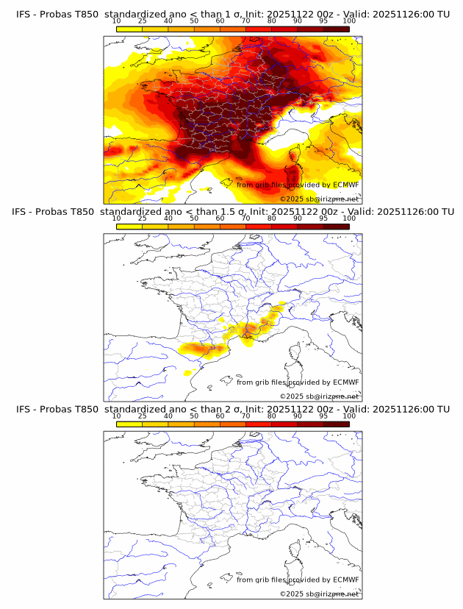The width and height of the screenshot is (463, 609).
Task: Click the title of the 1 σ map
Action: click(232, 13)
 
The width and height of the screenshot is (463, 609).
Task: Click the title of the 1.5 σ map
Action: click(232, 211)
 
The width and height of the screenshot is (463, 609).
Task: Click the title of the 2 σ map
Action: click(232, 409)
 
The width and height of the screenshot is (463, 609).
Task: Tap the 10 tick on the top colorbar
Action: click(117, 21)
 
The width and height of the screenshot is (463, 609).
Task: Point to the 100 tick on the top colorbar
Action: click(349, 21)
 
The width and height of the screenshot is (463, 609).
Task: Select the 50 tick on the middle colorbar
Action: click(194, 218)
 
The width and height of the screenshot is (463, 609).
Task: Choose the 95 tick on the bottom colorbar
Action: click(323, 416)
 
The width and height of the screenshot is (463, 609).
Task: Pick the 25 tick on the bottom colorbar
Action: click(143, 416)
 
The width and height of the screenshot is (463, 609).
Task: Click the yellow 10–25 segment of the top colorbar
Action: click(129, 29)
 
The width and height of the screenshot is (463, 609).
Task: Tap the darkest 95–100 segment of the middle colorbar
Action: click(336, 227)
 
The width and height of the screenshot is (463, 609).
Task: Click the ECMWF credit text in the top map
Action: click(298, 185)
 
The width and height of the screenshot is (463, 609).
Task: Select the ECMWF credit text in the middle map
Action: click(298, 382)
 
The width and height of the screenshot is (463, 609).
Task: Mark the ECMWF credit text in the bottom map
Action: click(298, 580)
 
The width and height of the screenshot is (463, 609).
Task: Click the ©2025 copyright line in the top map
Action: click(319, 199)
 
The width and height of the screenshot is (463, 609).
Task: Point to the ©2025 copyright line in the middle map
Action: click(319, 396)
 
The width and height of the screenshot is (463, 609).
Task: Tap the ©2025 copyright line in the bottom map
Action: click(319, 594)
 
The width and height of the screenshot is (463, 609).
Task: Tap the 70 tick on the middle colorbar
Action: click(246, 218)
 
